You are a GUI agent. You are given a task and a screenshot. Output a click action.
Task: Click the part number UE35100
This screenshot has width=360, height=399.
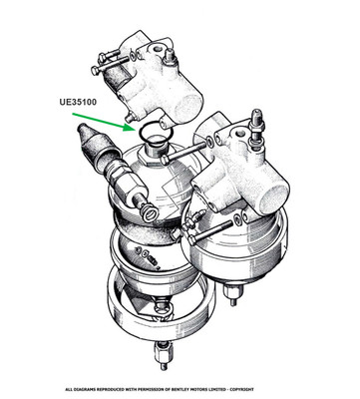[x=78, y=102]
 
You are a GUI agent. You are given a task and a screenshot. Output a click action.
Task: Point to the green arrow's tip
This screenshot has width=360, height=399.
[x=134, y=130]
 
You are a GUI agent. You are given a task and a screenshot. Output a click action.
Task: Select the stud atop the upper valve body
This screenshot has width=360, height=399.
[x=169, y=56]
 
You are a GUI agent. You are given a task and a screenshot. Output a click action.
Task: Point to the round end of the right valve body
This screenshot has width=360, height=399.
[x=275, y=199]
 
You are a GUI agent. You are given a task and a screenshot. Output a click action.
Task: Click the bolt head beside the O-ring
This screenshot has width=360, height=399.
[x=165, y=162]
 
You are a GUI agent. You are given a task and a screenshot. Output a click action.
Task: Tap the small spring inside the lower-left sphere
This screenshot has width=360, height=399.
[x=154, y=259]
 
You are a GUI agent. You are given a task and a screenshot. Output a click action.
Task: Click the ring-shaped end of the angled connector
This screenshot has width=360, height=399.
[x=150, y=212]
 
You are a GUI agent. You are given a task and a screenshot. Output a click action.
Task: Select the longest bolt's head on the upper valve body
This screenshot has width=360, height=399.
[x=96, y=71]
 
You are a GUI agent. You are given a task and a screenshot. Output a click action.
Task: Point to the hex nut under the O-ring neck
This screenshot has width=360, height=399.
[x=148, y=159]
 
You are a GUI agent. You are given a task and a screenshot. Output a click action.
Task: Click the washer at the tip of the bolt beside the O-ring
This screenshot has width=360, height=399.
[x=209, y=143]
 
